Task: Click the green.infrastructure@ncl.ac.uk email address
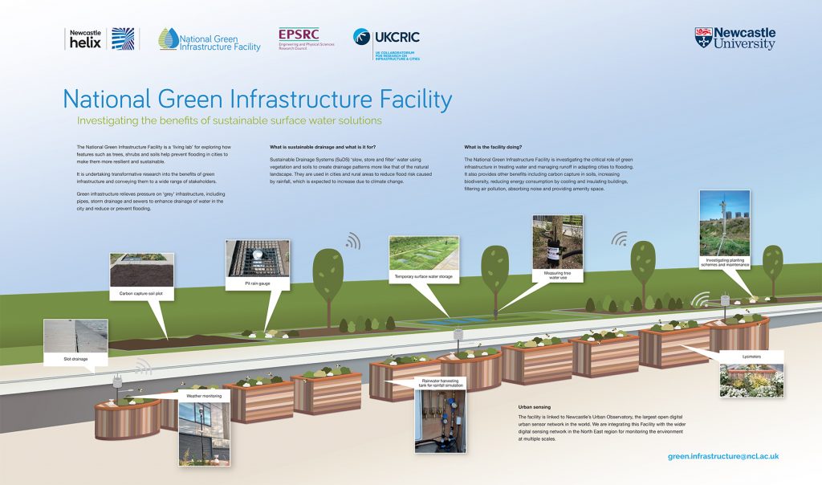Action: (723, 456)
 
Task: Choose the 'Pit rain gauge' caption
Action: (257, 283)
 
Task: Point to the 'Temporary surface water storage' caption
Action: (423, 277)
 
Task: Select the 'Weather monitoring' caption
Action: (203, 396)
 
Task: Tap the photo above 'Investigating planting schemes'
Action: (724, 222)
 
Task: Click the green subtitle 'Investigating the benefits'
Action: (229, 121)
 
